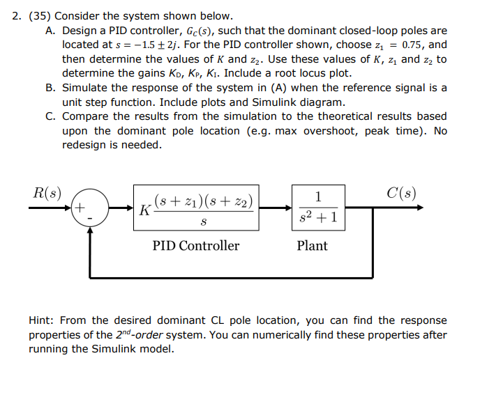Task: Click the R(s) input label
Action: coord(47,193)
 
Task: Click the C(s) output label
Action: coord(402,193)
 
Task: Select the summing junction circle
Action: coord(89,208)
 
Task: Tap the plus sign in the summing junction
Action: coord(81,207)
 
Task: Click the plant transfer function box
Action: coord(318,208)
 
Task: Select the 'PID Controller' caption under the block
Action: coord(196,246)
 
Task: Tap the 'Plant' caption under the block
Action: coord(312,246)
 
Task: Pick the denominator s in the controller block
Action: coord(203,221)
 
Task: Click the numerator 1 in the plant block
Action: coord(318,196)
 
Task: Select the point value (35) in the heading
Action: coord(39,15)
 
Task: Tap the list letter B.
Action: coord(50,88)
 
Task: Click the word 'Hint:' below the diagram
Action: coord(43,320)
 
